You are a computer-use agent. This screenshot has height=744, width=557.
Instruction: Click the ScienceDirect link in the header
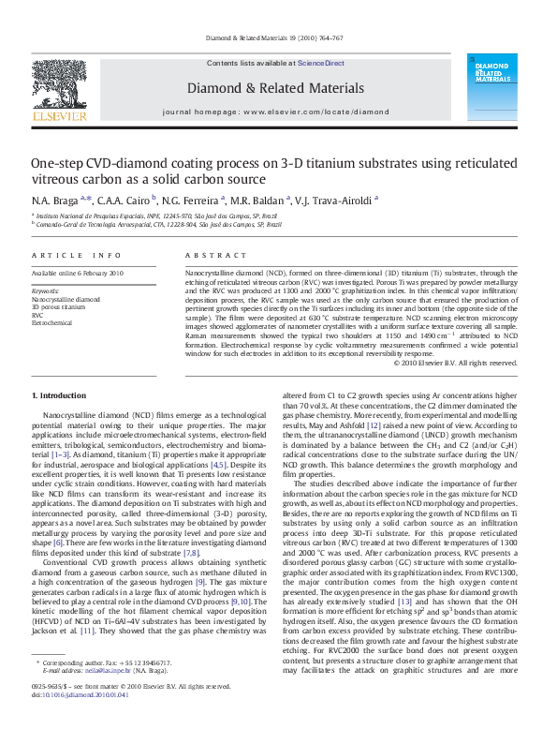(x=321, y=64)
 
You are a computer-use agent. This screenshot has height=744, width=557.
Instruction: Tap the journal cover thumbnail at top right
(x=496, y=90)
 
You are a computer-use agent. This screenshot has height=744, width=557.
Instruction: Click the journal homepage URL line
(x=275, y=112)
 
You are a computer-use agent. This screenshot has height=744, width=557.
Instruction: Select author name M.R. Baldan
(x=261, y=200)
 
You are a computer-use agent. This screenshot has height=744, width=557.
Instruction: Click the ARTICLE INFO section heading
(x=77, y=256)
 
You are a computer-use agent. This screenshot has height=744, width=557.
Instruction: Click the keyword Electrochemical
(x=51, y=323)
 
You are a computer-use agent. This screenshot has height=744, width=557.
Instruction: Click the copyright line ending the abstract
(x=460, y=363)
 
